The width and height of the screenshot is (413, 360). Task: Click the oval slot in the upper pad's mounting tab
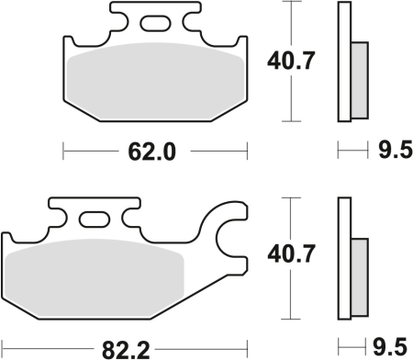(154, 20)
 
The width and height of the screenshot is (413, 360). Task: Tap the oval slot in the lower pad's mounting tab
(93, 219)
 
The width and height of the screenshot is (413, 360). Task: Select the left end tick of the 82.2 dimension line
(3, 347)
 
